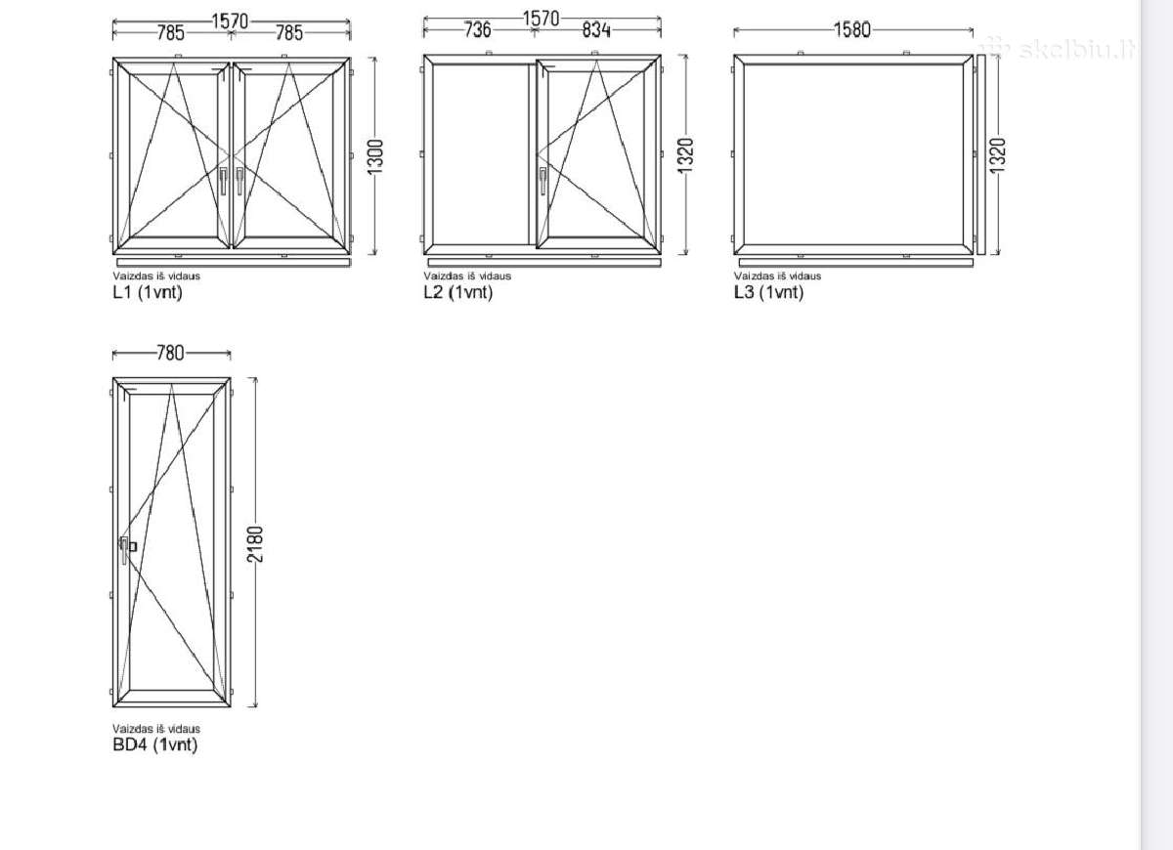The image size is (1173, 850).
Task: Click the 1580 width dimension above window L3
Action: point(852,29)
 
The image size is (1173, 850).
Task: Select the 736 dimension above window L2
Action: point(478,29)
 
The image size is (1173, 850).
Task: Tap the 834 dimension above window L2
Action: point(596,29)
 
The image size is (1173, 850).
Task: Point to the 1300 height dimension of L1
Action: point(375,156)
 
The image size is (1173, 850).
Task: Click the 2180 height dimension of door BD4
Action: point(255,544)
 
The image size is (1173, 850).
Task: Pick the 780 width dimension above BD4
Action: point(171,353)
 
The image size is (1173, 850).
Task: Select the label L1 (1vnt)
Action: point(148,292)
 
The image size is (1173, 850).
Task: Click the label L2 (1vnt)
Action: point(458,292)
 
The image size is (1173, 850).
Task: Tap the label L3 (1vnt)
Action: point(768,292)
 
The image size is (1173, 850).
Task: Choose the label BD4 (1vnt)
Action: point(155,744)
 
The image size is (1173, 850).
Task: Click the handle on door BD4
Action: point(125,549)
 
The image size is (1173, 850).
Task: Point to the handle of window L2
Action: point(543,181)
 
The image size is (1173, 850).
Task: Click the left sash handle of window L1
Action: point(223,181)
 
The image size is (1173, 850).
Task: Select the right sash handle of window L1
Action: point(239,181)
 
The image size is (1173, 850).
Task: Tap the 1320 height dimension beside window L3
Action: point(998,155)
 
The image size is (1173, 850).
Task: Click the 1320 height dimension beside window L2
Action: point(685,155)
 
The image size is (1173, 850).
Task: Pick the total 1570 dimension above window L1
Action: point(230,21)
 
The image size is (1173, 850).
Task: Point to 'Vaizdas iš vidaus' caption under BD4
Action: point(156,729)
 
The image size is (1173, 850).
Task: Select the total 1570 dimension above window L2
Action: point(541,19)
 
